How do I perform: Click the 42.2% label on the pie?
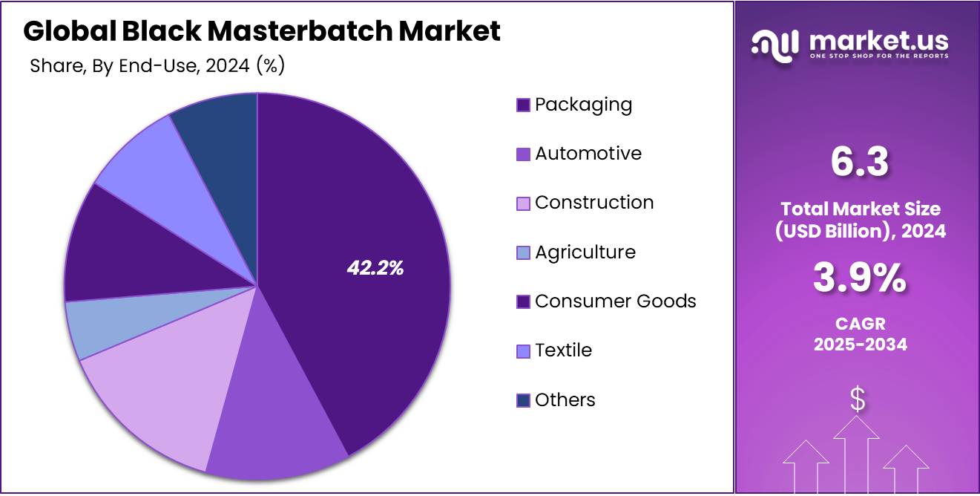[375, 269]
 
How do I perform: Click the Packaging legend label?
[583, 105]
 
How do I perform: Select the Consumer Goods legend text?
[615, 301]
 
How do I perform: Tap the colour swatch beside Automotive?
[523, 154]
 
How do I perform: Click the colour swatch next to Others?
[523, 401]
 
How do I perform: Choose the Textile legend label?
[563, 350]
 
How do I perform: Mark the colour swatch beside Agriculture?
[523, 253]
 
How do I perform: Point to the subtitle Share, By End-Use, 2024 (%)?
[157, 65]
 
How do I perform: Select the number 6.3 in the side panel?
[859, 162]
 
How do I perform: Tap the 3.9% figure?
[859, 279]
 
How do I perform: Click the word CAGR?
[860, 324]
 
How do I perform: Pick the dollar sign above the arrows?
[858, 400]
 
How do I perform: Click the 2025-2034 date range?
[860, 345]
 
